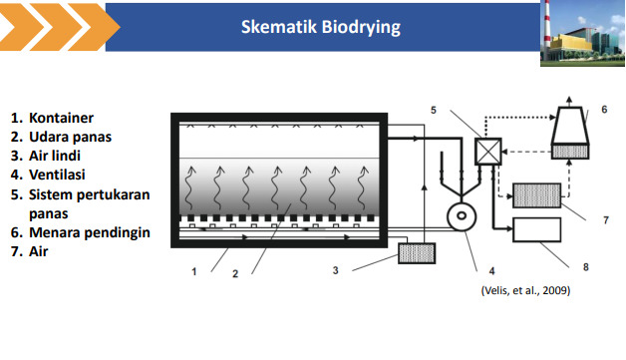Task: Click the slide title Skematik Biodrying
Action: tap(321, 27)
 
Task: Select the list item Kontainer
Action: tap(61, 118)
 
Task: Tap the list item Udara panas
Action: tap(70, 137)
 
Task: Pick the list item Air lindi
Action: tap(55, 156)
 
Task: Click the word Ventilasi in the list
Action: tap(57, 175)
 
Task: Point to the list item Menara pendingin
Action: tap(90, 232)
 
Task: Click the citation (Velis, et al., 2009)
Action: tap(525, 290)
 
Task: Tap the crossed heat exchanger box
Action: tap(487, 152)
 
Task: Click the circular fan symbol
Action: tap(462, 217)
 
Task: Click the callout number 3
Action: tap(335, 270)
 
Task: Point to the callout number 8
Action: tap(586, 267)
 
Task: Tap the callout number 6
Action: tap(604, 110)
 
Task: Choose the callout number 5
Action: tap(434, 110)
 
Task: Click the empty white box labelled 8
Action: tap(536, 229)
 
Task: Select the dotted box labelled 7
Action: tap(536, 195)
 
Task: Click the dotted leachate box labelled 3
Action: tap(417, 253)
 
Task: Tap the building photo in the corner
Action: tap(582, 33)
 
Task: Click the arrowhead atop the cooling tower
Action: tap(570, 99)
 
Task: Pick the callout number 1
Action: tap(194, 271)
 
